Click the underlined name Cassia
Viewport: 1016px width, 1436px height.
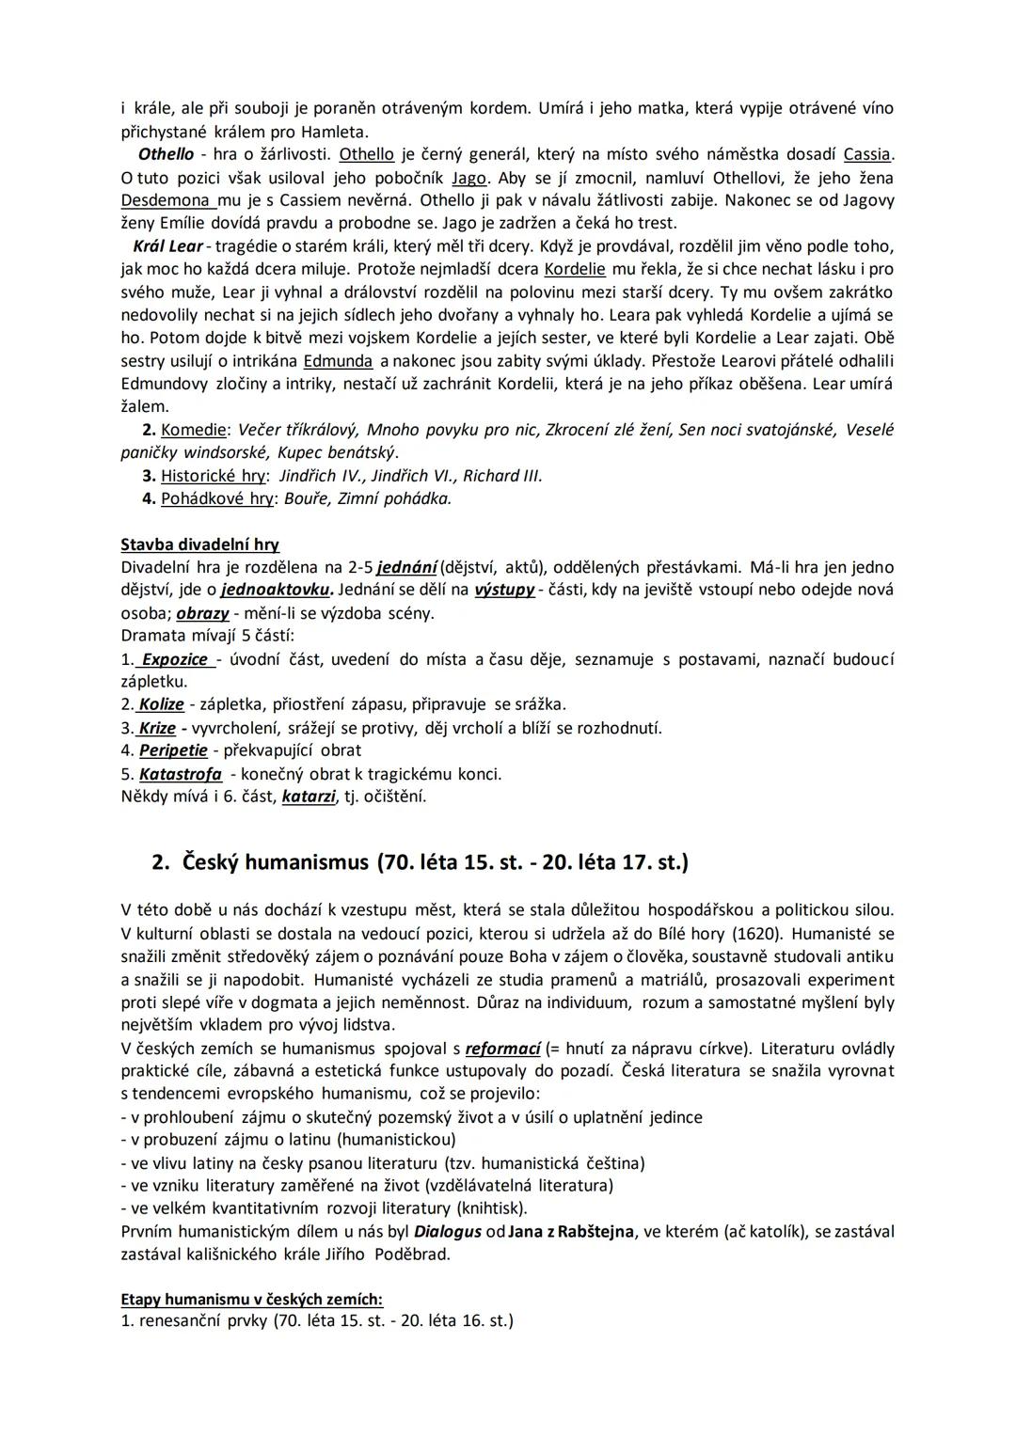[x=866, y=154]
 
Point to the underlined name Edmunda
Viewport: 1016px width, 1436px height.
[x=338, y=361]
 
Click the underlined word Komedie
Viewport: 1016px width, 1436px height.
[x=195, y=430]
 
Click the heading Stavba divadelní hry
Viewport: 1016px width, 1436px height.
[x=199, y=544]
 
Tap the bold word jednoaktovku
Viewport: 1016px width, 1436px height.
[x=277, y=591]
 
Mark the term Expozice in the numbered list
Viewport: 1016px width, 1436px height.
[x=175, y=659]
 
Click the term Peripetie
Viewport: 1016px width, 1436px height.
[x=173, y=750]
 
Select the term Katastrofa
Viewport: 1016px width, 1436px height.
[x=181, y=774]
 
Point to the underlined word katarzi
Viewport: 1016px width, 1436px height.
[x=309, y=797]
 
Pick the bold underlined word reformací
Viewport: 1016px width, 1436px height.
[x=503, y=1049]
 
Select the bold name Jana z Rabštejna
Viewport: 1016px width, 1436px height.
[x=571, y=1232]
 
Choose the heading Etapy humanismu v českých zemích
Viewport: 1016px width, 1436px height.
[x=252, y=1300]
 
